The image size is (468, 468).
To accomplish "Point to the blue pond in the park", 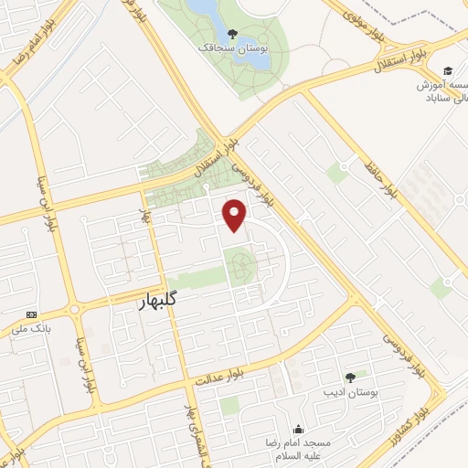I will tap(204, 11).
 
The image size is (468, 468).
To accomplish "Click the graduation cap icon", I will tap(448, 71).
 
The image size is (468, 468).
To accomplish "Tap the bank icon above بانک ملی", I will tap(32, 312).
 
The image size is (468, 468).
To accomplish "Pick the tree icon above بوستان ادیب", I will tap(350, 377).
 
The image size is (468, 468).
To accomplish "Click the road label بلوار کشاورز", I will tap(440, 420).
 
